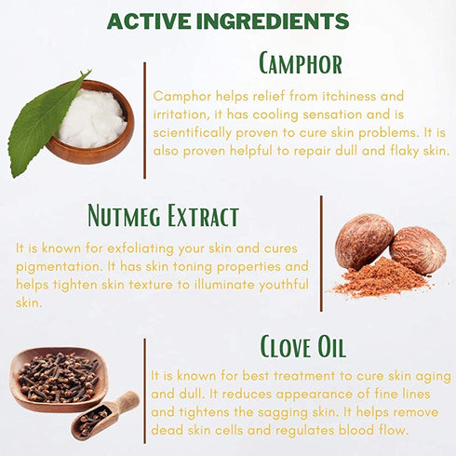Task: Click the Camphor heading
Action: [301, 63]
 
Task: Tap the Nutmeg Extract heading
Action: [163, 216]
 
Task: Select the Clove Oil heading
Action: [302, 346]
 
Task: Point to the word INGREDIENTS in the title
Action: [273, 21]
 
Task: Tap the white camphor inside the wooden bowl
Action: [92, 118]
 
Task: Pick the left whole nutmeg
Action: [364, 241]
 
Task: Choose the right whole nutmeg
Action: [418, 250]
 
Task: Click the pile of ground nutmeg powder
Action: [382, 279]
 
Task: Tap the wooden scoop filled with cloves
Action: [105, 416]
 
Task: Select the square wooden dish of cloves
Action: [59, 380]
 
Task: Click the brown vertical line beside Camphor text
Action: [144, 120]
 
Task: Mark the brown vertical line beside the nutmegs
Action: [321, 253]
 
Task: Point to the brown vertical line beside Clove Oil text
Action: [144, 391]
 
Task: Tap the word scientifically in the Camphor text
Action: [192, 133]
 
